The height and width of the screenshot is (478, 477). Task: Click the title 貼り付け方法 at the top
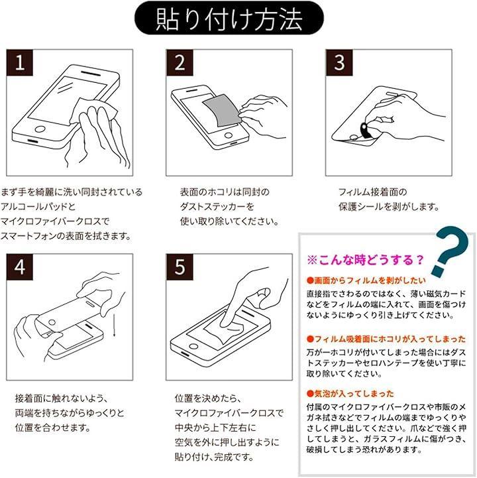point(229,19)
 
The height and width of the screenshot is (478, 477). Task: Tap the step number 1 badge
point(20,62)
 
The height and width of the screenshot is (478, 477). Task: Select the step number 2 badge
point(180,62)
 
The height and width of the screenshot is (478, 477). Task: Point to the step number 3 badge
point(339,62)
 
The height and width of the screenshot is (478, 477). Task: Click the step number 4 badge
point(20,267)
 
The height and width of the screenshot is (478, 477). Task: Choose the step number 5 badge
point(180,267)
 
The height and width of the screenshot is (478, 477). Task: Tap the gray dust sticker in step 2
point(222,112)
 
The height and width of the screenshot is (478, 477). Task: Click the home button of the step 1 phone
point(40,129)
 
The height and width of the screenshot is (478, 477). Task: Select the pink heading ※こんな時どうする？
point(366,260)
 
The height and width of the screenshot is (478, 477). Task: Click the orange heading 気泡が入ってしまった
point(350,394)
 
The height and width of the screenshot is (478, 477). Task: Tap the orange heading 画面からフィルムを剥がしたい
point(366,280)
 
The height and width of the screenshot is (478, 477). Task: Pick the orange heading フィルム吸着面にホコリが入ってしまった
point(386,339)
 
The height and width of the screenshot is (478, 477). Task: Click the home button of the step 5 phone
point(193,346)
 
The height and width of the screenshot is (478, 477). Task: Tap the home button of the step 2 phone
point(229,135)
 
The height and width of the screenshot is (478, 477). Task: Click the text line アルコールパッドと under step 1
point(38,207)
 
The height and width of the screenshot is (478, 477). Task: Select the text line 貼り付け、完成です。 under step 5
point(214,457)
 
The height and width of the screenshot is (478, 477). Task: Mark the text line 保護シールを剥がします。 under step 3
point(389,207)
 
